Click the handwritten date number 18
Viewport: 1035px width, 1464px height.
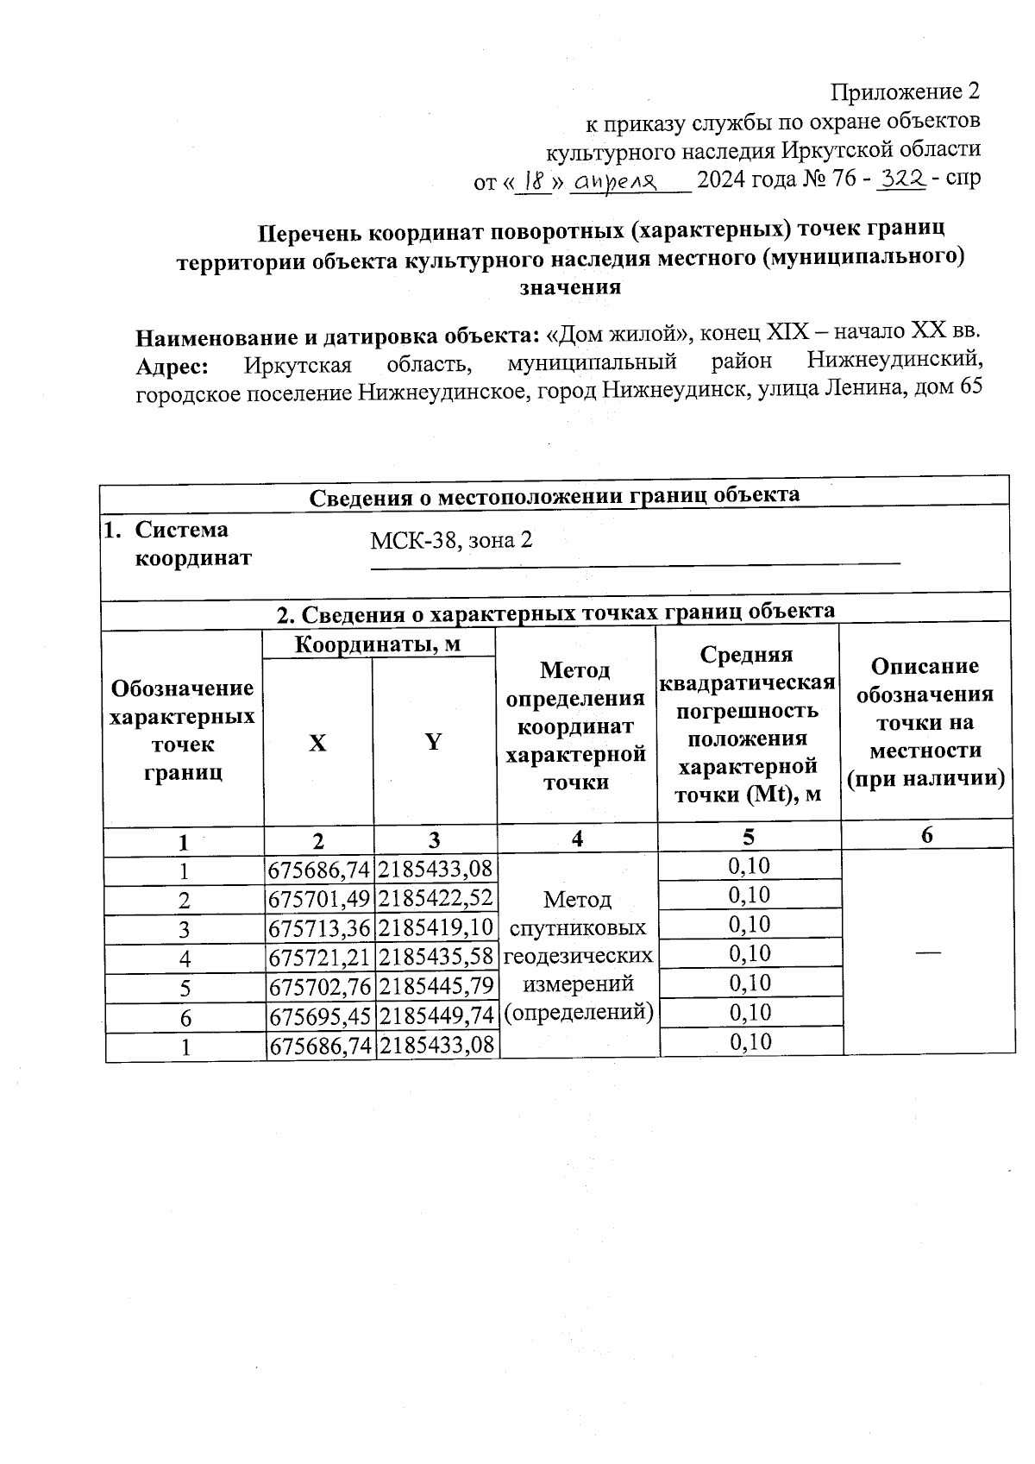pos(537,182)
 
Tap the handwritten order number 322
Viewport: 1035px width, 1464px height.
pos(900,179)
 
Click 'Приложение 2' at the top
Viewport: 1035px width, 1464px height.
pos(905,91)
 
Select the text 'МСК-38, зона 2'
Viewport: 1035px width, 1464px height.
pos(450,541)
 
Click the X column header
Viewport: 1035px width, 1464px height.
pos(317,743)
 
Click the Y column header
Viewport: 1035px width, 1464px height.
pos(434,742)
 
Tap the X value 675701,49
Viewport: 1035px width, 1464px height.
pos(319,899)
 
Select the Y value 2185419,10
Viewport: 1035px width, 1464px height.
pos(436,928)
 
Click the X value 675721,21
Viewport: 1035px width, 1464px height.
pos(319,958)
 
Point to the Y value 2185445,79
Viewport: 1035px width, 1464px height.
pos(436,987)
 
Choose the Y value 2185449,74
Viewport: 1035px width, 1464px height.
pos(436,1016)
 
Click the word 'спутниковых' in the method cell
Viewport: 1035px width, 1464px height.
pos(578,928)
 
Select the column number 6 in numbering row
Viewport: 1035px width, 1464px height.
pos(927,835)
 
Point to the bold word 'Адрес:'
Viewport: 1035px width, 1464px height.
pos(172,366)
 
